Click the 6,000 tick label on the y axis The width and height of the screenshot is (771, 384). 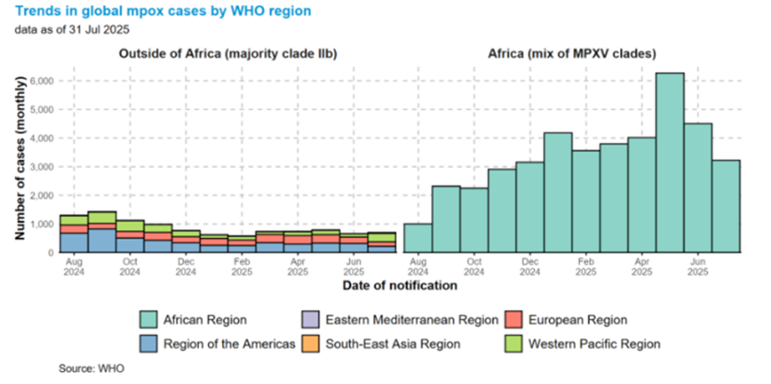pyautogui.click(x=40, y=82)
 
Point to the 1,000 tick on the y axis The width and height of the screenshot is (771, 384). pyautogui.click(x=40, y=223)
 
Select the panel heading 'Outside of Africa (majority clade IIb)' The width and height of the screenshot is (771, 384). pyautogui.click(x=228, y=55)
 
